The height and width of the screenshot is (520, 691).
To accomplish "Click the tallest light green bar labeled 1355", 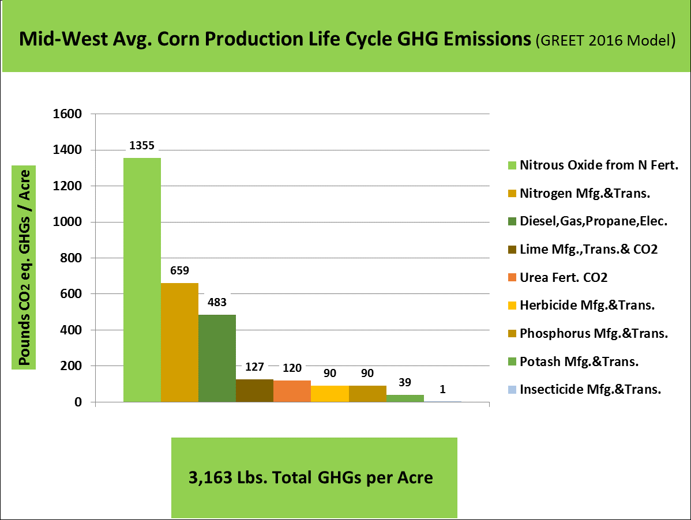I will (x=142, y=280).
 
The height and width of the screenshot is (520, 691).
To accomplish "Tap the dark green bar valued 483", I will (x=217, y=358).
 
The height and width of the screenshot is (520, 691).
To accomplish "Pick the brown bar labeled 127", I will (x=254, y=390).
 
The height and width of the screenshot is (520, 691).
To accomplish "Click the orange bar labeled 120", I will (x=292, y=391).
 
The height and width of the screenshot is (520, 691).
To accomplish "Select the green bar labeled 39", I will (x=405, y=398).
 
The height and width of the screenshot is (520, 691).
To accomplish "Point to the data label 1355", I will (x=141, y=146).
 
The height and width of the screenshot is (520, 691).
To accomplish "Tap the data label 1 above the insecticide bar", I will (x=442, y=389).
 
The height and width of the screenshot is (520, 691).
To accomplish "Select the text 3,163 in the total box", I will (x=208, y=478).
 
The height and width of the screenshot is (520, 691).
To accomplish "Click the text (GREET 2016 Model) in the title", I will (x=606, y=41).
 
